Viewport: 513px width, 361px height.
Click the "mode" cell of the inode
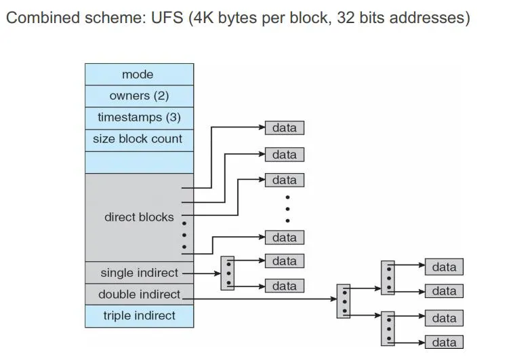click(x=139, y=75)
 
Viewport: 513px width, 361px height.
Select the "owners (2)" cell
click(x=139, y=96)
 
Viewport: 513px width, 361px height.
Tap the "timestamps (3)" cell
click(x=139, y=117)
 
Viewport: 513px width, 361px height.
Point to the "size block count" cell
click(x=139, y=139)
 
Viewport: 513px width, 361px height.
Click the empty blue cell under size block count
click(x=139, y=161)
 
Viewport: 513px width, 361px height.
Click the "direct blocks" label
click(x=139, y=217)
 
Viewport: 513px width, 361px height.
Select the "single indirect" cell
click(x=139, y=273)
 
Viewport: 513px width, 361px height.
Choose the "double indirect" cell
click(x=139, y=294)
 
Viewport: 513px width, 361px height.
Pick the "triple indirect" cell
click(x=139, y=316)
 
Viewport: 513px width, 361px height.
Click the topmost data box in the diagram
click(x=285, y=128)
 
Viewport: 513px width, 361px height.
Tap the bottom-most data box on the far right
click(x=444, y=342)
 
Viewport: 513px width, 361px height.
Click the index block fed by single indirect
click(x=228, y=273)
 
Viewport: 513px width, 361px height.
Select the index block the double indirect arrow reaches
click(x=344, y=301)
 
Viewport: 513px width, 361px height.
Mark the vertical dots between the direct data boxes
click(x=287, y=208)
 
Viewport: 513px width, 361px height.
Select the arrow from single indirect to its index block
click(x=202, y=273)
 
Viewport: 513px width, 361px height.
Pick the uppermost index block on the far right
click(x=388, y=277)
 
